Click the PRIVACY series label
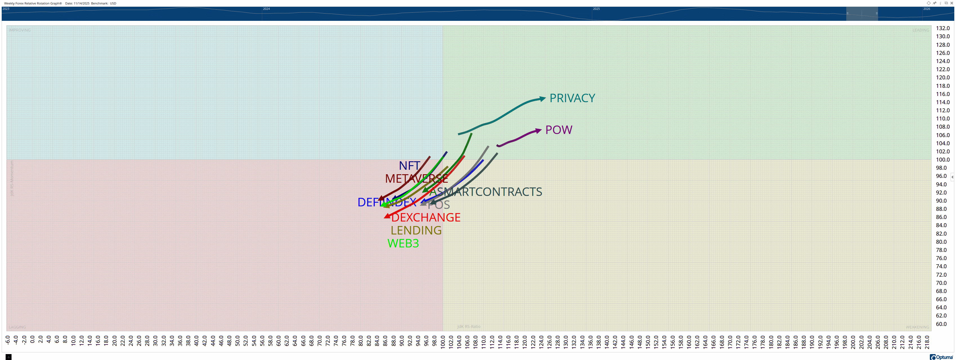tap(572, 98)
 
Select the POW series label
tap(558, 130)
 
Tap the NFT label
tap(409, 166)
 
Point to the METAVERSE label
tap(416, 178)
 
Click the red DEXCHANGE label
tap(426, 218)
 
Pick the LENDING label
tap(416, 231)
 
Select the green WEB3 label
tap(403, 243)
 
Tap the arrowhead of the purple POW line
tap(538, 131)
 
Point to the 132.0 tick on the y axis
tap(943, 28)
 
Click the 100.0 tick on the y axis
tap(943, 160)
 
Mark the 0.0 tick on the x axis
tap(32, 340)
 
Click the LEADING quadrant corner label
tap(921, 30)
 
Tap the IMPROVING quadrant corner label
tap(20, 30)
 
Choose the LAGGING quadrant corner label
tap(17, 327)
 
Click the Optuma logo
tap(942, 357)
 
